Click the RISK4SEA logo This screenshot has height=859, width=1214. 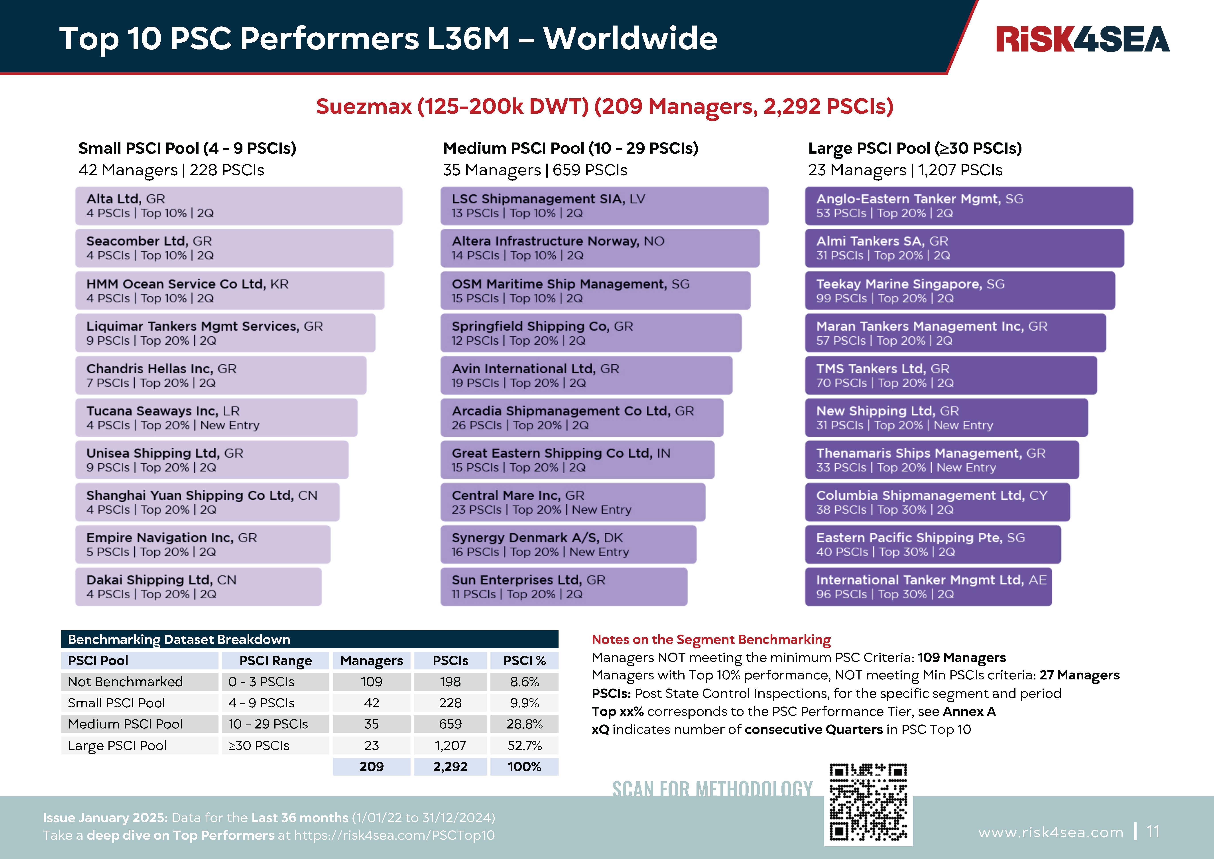pos(1082,39)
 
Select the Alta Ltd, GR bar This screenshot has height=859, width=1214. pos(238,206)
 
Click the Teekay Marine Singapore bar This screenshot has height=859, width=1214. pos(960,290)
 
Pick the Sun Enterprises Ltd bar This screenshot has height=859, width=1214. pos(564,587)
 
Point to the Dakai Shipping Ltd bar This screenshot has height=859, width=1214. pos(198,587)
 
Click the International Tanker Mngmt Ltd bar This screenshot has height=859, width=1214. pos(928,587)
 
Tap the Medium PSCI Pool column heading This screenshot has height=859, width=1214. pos(571,148)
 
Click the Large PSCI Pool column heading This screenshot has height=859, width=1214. pos(915,148)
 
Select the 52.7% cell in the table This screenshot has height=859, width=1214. pos(524,745)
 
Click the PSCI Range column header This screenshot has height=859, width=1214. pos(275,661)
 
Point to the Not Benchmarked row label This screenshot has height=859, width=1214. pos(125,682)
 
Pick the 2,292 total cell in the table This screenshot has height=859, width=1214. pos(450,766)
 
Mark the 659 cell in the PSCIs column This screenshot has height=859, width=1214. pos(450,724)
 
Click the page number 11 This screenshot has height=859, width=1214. pos(1153,832)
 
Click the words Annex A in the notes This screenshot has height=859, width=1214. pos(969,711)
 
